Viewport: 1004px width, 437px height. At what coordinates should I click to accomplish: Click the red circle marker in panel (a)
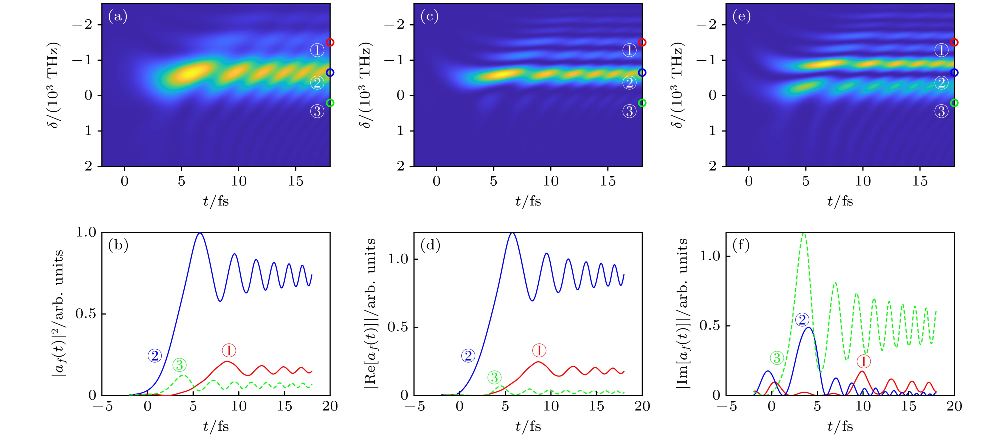[330, 42]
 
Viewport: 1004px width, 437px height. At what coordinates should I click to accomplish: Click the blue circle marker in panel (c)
[642, 72]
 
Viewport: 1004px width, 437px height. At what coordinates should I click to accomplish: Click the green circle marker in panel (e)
[954, 103]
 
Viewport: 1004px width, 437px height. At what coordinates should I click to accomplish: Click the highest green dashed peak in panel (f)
[803, 234]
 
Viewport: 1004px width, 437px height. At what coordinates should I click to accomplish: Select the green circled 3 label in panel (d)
[494, 377]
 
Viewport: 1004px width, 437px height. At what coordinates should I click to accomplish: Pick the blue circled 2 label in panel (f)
[802, 320]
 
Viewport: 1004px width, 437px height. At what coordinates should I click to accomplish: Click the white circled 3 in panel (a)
[317, 111]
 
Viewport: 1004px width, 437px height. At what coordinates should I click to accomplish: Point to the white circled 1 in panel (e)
[941, 50]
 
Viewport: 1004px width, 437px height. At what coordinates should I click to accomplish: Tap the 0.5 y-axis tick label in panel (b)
[86, 314]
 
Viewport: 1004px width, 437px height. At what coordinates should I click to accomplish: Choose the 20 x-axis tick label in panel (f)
[954, 406]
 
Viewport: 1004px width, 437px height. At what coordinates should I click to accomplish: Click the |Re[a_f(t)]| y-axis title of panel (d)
[370, 314]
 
